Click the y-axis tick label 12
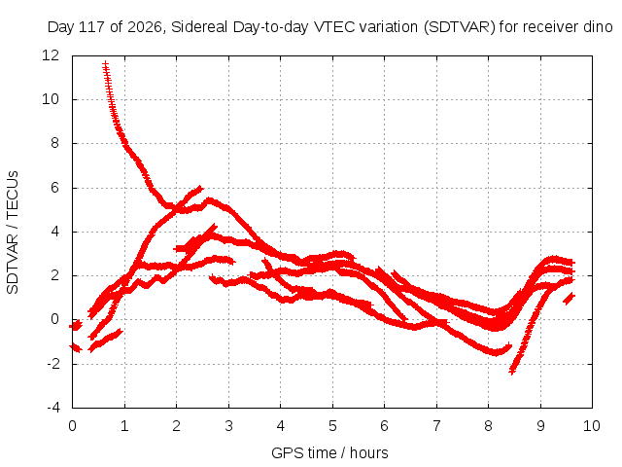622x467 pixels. coord(51,55)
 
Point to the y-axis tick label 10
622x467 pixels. coord(51,99)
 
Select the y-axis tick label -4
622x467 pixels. coord(53,408)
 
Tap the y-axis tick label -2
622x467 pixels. coord(53,363)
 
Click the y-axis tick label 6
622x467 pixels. coord(54,188)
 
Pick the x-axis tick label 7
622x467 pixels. coord(436,426)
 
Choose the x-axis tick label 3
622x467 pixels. coord(228,426)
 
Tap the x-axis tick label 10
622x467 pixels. coord(592,426)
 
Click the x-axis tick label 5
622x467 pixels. coord(332,426)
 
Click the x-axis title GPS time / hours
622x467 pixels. coord(329,452)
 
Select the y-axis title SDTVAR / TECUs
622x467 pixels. coord(13,233)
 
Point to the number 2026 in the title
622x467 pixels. coord(145,27)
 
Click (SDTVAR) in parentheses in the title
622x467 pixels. coord(460,27)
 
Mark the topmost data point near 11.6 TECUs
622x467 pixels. coord(105,63)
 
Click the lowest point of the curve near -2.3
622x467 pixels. coord(512,372)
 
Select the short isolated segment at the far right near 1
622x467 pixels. coord(569,299)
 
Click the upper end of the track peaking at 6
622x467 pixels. coord(200,188)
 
